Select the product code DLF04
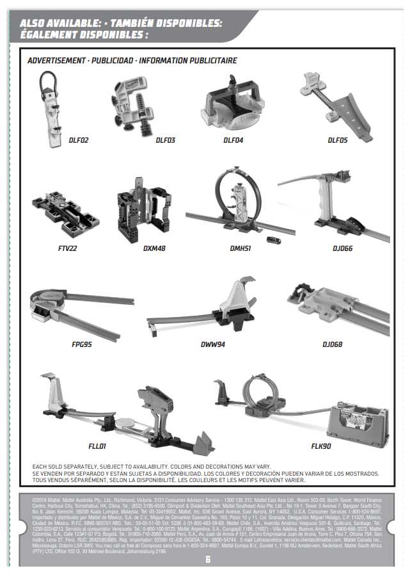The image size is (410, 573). pyautogui.click(x=233, y=140)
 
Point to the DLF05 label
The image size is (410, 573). pyautogui.click(x=338, y=140)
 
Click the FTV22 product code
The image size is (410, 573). pyautogui.click(x=67, y=248)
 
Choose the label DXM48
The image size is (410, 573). pyautogui.click(x=154, y=248)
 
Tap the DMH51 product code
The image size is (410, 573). pyautogui.click(x=241, y=248)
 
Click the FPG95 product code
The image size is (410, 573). pyautogui.click(x=81, y=344)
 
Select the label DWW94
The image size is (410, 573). pyautogui.click(x=213, y=344)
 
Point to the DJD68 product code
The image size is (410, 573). pyautogui.click(x=332, y=344)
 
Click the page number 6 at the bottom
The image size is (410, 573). pyautogui.click(x=207, y=558)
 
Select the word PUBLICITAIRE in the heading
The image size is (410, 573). pyautogui.click(x=212, y=61)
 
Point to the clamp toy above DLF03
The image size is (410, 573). pyautogui.click(x=136, y=105)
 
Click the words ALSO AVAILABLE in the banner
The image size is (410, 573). pyautogui.click(x=56, y=23)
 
